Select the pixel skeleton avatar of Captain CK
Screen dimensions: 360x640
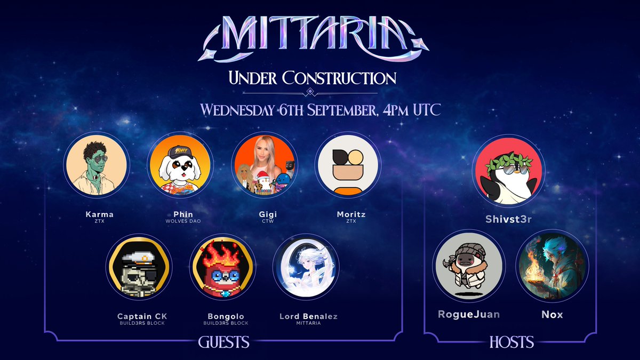click(x=139, y=266)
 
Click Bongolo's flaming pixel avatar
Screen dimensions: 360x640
click(x=222, y=266)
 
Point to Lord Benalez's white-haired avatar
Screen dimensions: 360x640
click(x=306, y=266)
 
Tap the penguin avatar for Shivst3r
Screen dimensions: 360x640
click(x=509, y=170)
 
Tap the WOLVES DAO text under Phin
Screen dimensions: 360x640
click(x=181, y=221)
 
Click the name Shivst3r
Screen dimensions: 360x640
click(x=509, y=219)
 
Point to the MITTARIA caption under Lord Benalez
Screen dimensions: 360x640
click(x=308, y=323)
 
